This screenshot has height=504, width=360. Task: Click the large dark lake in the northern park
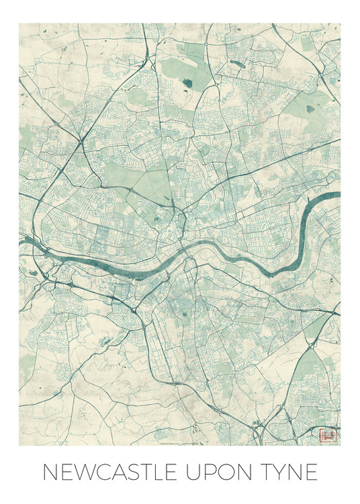coord(187,84)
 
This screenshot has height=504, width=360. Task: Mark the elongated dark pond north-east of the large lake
coord(237,65)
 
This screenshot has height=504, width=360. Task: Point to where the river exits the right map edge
coord(339,197)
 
